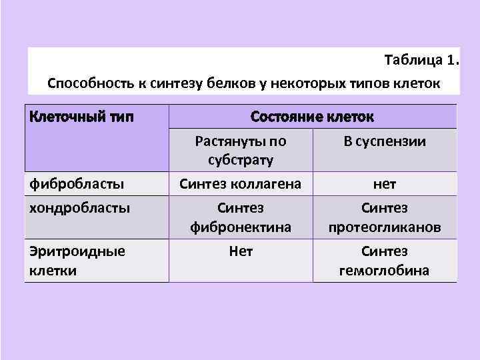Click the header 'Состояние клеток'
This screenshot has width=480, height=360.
[x=312, y=117]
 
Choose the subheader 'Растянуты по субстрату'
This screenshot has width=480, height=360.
[x=241, y=151]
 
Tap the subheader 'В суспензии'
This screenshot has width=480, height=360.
[x=385, y=141]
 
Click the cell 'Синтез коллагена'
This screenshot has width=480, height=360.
[x=241, y=183]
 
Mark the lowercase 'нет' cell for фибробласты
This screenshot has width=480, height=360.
[x=385, y=183]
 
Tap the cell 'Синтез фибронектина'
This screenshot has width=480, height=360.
[x=241, y=217]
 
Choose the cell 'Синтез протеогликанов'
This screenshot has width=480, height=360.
[x=385, y=217]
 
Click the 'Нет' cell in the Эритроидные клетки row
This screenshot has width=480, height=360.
[x=241, y=251]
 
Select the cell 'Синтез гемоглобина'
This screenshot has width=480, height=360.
[x=385, y=261]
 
